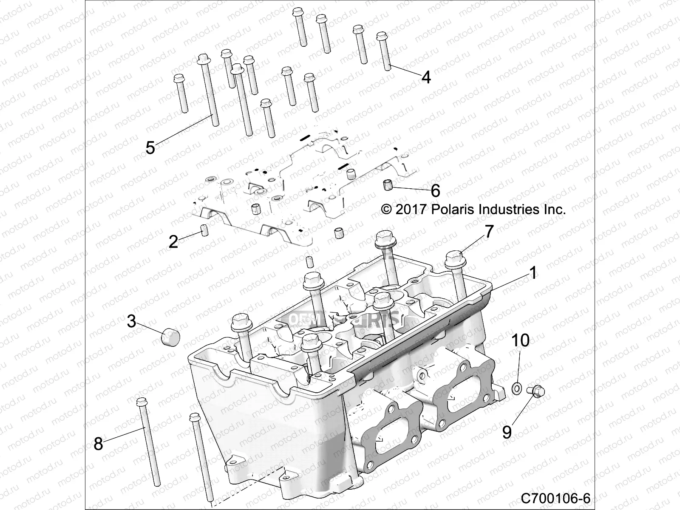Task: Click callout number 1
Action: coord(533,273)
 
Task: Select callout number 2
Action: coord(173,242)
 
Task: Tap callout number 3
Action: coord(131,321)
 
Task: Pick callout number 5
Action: coord(150,147)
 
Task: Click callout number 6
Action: coord(435,191)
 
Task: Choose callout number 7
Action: coord(489,232)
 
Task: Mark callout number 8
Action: coord(98,444)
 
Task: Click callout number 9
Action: coord(507,432)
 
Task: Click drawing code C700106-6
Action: coord(555,498)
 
